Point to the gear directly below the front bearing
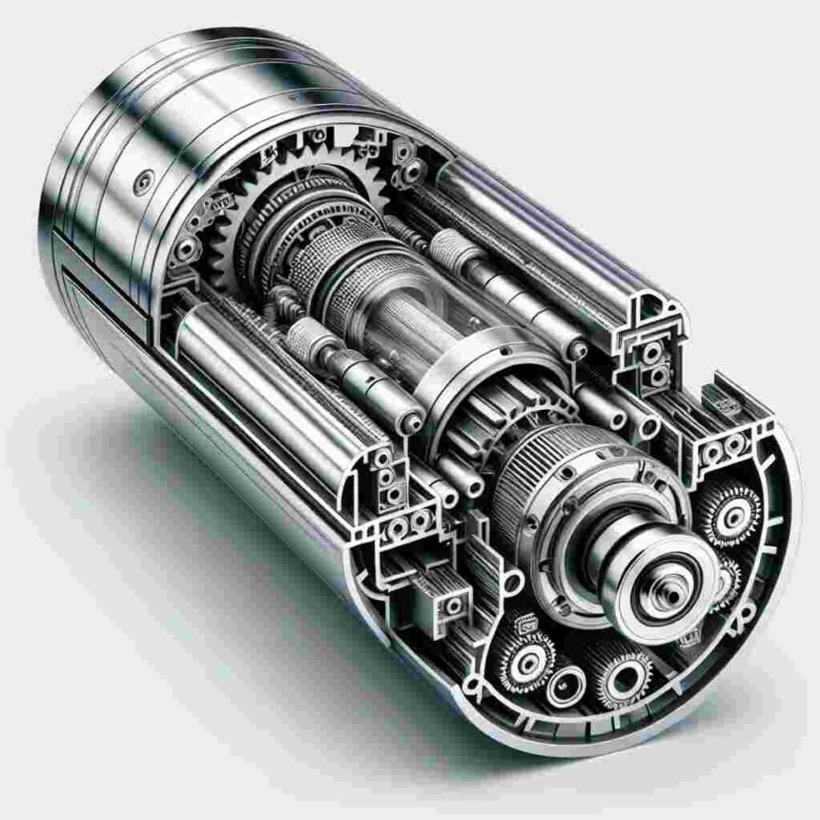626,679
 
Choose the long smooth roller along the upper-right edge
534,238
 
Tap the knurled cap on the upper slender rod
448,250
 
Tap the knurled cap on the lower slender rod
307,336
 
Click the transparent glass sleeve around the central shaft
400,324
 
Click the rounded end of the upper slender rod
577,351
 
